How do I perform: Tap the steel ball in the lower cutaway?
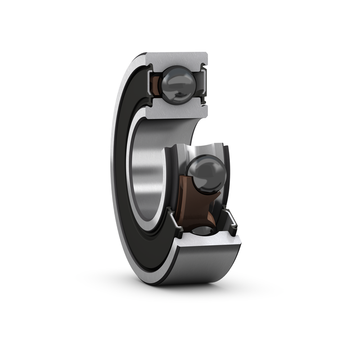[206, 172]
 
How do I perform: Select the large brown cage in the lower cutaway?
[193, 202]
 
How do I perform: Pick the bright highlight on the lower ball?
[198, 166]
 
